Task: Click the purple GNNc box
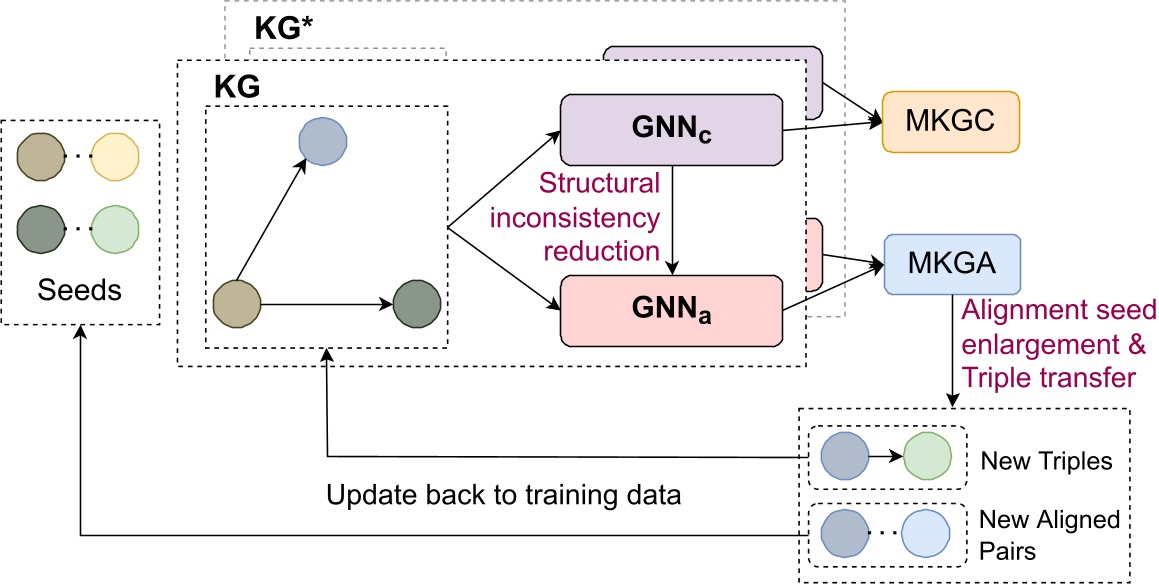(x=671, y=130)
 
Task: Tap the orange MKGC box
(x=949, y=121)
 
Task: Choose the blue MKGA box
(x=951, y=265)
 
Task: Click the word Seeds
(x=79, y=291)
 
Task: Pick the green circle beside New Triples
(x=927, y=459)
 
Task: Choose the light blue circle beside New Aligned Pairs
(x=926, y=533)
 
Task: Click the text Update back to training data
(x=504, y=495)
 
